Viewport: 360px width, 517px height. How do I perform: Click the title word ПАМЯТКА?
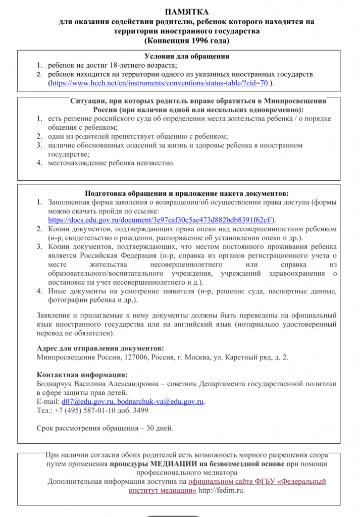187,12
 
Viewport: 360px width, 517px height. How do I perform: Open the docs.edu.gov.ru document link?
162,220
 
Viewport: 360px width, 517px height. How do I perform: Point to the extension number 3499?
139,410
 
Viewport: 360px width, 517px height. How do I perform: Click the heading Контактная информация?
82,375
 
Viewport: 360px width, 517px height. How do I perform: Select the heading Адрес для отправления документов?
100,348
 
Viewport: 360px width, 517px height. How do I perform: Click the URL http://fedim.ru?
221,490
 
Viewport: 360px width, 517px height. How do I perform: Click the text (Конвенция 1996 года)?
187,40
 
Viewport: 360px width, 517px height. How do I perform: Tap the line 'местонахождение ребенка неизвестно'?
111,163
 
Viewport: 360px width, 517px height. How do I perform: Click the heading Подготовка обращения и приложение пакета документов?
187,193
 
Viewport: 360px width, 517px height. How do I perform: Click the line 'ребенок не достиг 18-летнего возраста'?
112,65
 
